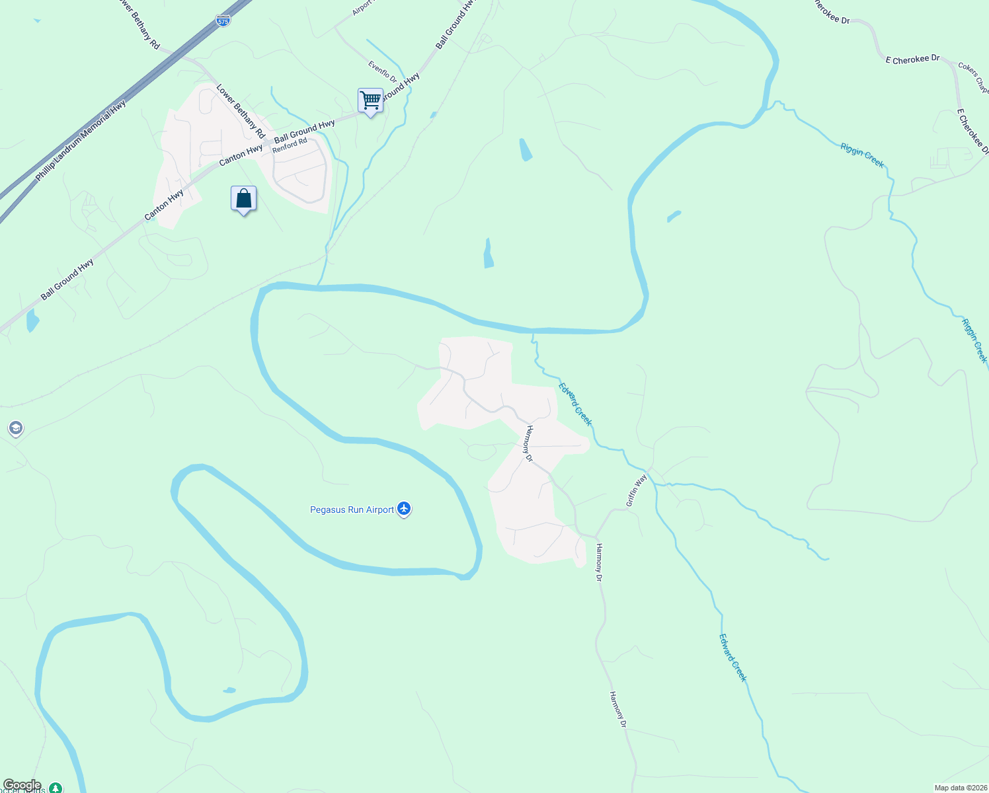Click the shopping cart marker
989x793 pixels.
click(x=371, y=101)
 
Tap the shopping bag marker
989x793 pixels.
click(x=243, y=199)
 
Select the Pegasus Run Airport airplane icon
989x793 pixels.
click(x=404, y=509)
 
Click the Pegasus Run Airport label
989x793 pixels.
click(x=352, y=510)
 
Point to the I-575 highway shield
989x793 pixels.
click(x=223, y=21)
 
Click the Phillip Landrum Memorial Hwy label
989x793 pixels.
click(x=81, y=141)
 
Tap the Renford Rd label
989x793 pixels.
click(x=290, y=145)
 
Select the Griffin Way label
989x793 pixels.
click(x=636, y=491)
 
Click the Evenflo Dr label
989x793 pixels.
click(x=383, y=72)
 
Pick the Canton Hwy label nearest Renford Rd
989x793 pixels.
click(x=241, y=155)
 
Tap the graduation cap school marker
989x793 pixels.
click(x=16, y=428)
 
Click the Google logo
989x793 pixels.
click(x=22, y=785)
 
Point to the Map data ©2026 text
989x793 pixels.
click(x=959, y=788)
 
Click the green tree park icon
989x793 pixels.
click(x=56, y=788)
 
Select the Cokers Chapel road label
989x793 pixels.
click(x=973, y=77)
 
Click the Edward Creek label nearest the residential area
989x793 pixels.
click(x=575, y=404)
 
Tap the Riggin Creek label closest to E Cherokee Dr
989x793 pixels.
click(x=862, y=155)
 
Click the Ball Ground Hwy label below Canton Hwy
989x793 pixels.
click(x=67, y=280)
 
